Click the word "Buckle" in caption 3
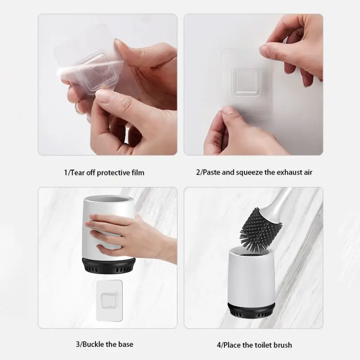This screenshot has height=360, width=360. click(x=93, y=344)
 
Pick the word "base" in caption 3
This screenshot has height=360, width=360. click(x=126, y=344)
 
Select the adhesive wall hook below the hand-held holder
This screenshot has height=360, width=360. click(x=109, y=301)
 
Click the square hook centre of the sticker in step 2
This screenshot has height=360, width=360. click(x=245, y=81)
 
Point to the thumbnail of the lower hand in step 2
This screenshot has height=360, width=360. click(x=227, y=111)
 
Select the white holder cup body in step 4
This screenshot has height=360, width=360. click(x=252, y=278)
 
